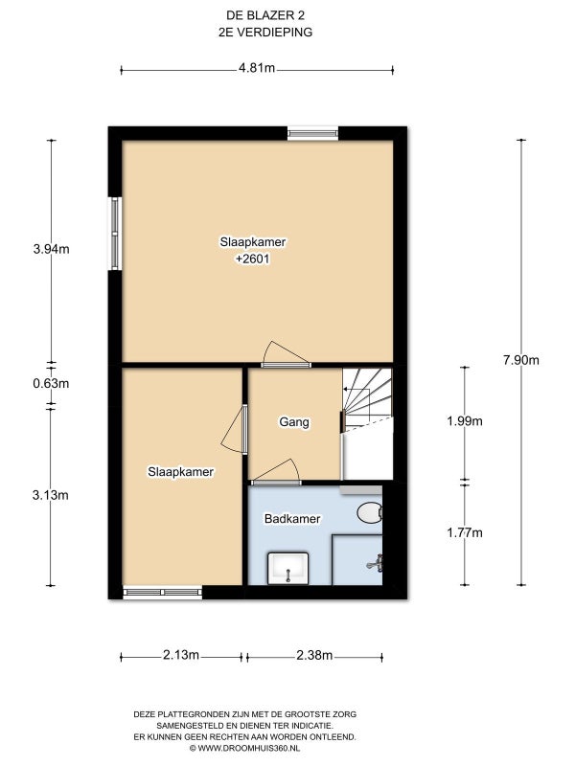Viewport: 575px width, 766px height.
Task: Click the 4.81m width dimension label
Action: [x=257, y=68]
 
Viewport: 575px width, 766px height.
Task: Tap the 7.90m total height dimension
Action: [x=520, y=360]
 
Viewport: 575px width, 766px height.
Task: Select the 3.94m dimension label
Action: [x=52, y=249]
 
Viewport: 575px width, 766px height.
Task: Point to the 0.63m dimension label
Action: [x=51, y=384]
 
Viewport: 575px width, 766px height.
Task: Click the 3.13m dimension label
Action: [x=51, y=495]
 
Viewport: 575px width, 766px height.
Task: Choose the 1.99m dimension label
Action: [x=465, y=420]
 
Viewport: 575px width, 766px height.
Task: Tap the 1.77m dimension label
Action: [x=465, y=532]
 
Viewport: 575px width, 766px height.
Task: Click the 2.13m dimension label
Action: [x=181, y=655]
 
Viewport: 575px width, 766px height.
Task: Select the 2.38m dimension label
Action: [x=314, y=655]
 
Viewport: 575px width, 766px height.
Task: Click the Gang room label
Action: [x=294, y=421]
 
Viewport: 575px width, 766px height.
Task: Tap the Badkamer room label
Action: [x=292, y=518]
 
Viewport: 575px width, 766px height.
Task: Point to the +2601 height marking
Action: [x=253, y=259]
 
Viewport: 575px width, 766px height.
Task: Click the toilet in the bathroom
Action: [x=370, y=513]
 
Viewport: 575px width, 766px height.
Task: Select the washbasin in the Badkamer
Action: [x=288, y=568]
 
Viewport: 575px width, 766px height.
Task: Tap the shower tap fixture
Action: [x=375, y=564]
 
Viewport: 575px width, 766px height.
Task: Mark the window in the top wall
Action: [x=313, y=133]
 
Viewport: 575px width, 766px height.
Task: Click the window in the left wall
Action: [x=115, y=234]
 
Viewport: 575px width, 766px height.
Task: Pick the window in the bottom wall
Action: [x=162, y=593]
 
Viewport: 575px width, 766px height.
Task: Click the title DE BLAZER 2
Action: [x=265, y=15]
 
